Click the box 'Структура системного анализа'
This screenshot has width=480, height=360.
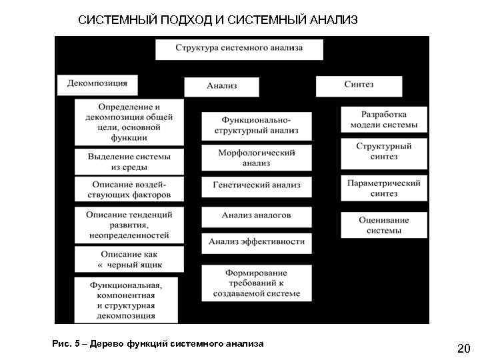click(239, 49)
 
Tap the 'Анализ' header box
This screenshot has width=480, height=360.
click(221, 86)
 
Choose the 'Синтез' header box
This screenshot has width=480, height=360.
click(359, 85)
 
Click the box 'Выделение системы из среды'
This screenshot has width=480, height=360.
click(129, 161)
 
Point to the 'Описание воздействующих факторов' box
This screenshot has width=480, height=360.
click(129, 189)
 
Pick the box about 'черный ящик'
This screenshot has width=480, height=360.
click(129, 259)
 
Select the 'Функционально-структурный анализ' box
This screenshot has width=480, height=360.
click(256, 125)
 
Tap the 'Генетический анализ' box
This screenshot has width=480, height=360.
click(256, 186)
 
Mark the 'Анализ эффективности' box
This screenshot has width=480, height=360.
click(256, 242)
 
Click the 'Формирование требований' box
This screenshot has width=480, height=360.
click(256, 283)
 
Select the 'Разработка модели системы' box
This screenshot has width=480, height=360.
click(383, 120)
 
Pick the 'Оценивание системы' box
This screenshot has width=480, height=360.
click(383, 225)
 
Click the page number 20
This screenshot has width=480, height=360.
click(463, 348)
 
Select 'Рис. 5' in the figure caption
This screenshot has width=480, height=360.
click(65, 344)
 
